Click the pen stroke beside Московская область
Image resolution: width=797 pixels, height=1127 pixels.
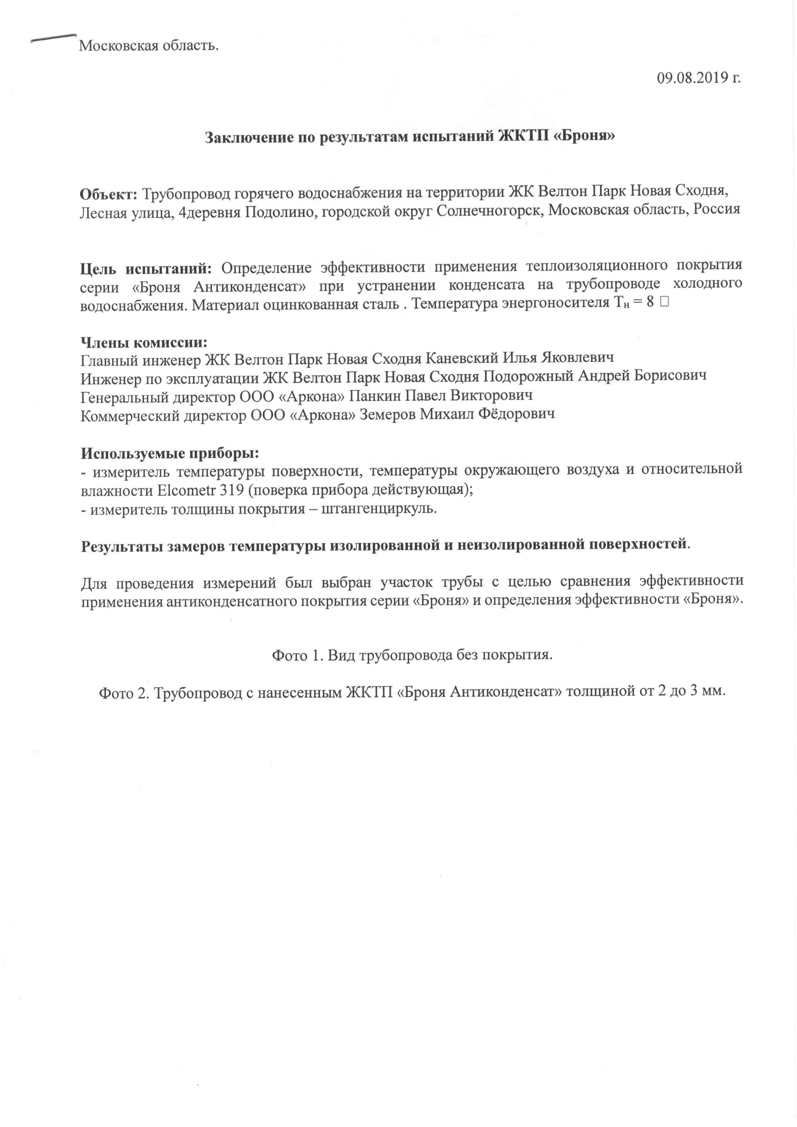53,38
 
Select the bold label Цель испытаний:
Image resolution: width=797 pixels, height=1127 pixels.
146,268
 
